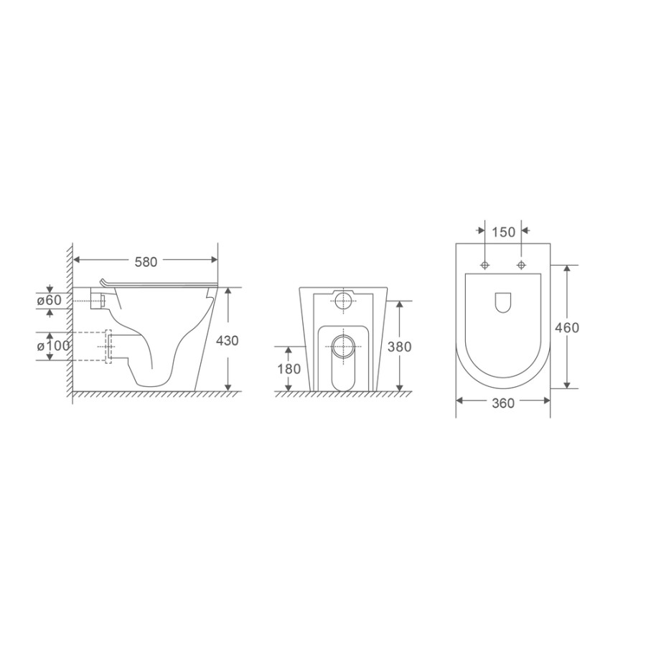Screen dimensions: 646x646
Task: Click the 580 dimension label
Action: [146, 262]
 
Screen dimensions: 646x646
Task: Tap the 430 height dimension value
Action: [228, 341]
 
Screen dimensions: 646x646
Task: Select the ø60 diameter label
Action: [49, 300]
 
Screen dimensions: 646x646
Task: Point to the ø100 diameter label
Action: [53, 346]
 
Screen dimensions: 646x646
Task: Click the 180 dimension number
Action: [289, 369]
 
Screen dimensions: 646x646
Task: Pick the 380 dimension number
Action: [400, 347]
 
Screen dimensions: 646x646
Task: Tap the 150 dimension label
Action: [503, 233]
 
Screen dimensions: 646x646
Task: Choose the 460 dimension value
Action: [567, 327]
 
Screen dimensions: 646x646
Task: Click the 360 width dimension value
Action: [503, 403]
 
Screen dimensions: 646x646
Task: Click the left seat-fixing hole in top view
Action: [485, 264]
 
